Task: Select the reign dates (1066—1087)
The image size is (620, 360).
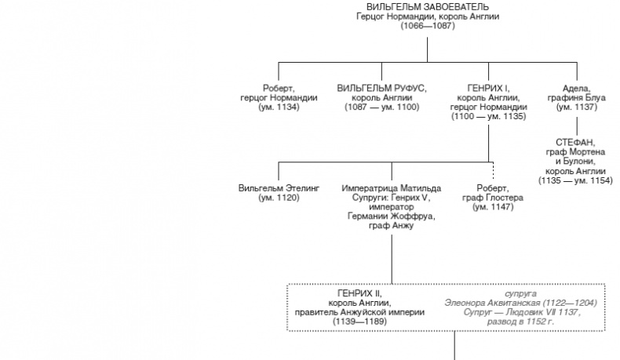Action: coord(427,26)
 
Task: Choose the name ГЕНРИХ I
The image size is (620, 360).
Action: coord(488,87)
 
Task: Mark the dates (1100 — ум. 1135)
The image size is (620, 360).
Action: coord(488,116)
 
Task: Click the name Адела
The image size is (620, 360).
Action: coord(576,87)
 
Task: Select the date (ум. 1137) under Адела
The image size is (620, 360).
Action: coord(576,107)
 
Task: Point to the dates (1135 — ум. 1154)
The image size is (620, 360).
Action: coord(576,180)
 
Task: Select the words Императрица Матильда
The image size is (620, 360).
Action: coord(392,188)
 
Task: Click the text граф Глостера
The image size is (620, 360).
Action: coord(492,198)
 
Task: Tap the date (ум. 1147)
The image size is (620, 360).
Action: coord(492,207)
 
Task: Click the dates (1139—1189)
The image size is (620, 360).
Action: coord(359,321)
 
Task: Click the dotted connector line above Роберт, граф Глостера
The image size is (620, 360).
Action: coord(492,170)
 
